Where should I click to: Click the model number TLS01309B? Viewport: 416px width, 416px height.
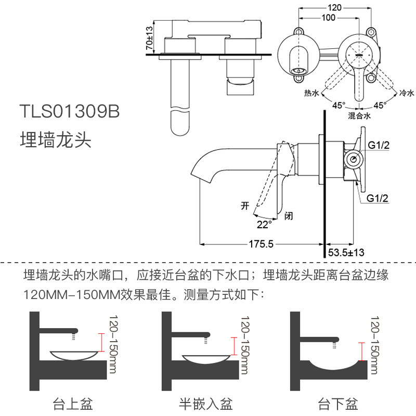coord(69,112)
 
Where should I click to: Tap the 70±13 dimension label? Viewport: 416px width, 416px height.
coord(150,38)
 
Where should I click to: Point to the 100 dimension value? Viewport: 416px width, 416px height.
coord(328,18)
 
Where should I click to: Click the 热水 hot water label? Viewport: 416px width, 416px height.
coord(311,93)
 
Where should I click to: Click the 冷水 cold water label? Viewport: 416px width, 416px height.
coord(406,93)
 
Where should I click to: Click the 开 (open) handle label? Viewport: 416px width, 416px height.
coord(245,205)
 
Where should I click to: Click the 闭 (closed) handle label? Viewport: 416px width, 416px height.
coord(289,215)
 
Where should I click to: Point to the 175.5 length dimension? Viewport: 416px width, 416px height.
coord(261,244)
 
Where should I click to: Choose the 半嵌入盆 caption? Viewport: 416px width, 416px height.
coord(206,403)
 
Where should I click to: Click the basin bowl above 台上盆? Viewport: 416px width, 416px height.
coord(73,355)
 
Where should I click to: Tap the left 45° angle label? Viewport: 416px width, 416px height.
coord(339,105)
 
